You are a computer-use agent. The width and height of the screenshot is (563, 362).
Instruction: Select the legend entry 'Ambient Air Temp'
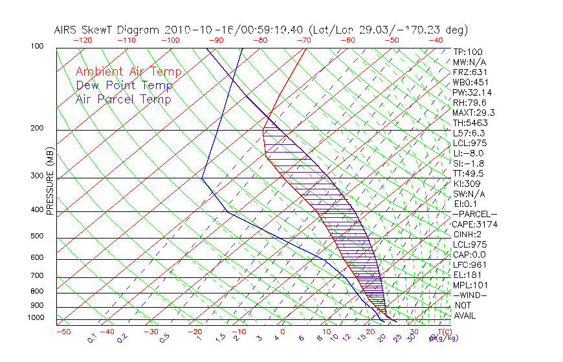pos(129,72)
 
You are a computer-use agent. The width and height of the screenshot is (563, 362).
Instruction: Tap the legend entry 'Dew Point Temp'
pos(124,85)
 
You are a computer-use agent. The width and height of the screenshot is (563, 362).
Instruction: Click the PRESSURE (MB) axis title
pos(50,181)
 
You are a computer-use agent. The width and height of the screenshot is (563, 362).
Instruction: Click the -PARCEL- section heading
pos(475,214)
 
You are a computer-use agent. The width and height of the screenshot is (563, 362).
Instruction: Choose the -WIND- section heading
pos(471,295)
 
